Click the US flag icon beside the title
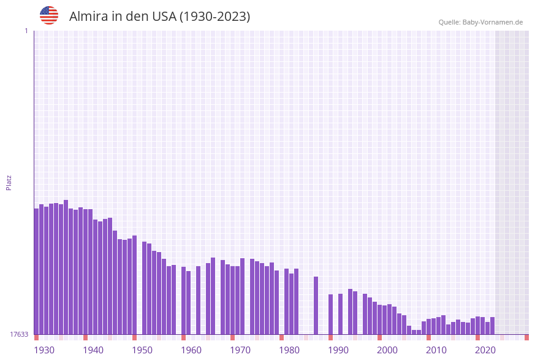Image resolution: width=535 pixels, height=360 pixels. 49,15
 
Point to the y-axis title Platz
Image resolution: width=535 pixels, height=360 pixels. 9,182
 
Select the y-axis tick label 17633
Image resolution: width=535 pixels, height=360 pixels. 19,334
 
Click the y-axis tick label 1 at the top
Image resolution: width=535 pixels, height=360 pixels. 26,31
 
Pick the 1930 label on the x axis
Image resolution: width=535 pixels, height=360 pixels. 44,350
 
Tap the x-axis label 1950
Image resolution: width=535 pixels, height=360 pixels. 142,350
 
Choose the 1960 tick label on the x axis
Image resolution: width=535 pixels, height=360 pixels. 191,350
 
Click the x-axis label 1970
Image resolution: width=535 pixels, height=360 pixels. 240,350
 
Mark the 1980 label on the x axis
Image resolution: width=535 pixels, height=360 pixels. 289,350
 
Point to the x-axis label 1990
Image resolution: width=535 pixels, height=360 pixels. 338,350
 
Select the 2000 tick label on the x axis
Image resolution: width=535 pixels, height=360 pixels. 387,350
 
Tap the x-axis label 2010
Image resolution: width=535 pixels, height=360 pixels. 436,350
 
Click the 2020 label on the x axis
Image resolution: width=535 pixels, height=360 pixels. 485,350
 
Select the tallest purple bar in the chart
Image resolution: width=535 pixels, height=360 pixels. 66,267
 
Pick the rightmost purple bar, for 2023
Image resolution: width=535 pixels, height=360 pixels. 493,326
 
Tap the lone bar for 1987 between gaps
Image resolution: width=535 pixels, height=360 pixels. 316,305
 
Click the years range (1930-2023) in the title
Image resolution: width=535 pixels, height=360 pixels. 214,17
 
